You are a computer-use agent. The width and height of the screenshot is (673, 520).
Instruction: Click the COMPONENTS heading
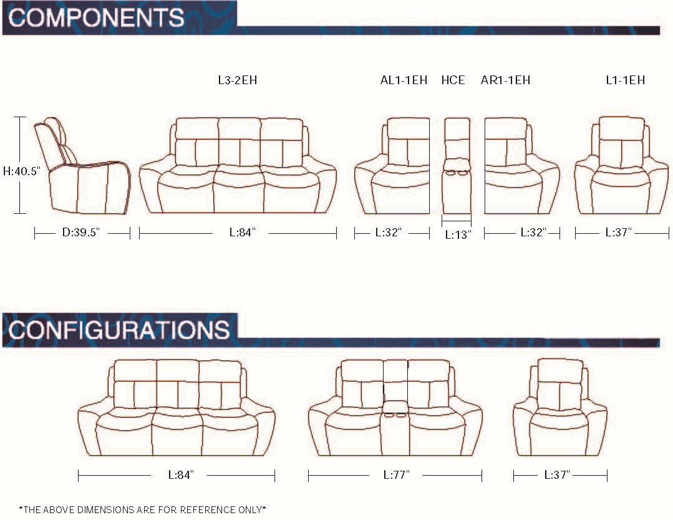click(97, 17)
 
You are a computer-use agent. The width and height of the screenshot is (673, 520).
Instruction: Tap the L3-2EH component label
click(238, 80)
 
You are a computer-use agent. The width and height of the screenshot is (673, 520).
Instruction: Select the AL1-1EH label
click(404, 80)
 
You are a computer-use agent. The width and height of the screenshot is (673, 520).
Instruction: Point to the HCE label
click(453, 80)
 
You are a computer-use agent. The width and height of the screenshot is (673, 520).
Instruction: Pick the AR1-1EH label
click(505, 80)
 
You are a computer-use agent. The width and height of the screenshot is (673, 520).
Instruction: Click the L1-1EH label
click(625, 80)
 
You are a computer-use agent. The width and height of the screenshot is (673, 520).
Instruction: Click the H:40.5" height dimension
click(21, 170)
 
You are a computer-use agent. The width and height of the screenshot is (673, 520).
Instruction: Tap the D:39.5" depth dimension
click(81, 233)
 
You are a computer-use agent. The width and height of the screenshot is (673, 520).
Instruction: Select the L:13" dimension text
click(458, 235)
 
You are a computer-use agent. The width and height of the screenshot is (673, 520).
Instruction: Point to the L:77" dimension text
click(396, 475)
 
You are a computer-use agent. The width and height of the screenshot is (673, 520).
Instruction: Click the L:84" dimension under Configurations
click(181, 475)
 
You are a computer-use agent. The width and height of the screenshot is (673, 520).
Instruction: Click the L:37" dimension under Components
click(619, 233)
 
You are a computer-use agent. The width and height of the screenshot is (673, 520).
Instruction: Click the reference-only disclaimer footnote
click(143, 509)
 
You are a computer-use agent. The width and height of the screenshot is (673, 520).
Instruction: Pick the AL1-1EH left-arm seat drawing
click(393, 166)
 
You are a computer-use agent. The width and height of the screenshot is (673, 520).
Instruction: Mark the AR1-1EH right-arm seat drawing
click(521, 166)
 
